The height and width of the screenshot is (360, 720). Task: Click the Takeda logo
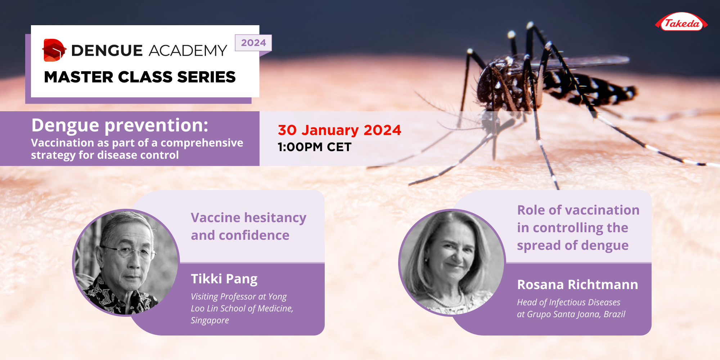click(x=681, y=23)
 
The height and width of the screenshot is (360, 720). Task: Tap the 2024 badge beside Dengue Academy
click(x=253, y=43)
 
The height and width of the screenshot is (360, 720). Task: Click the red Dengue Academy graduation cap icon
click(x=54, y=50)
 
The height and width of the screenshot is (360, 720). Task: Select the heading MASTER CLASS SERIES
click(x=140, y=77)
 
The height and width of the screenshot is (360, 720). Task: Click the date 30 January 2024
click(x=339, y=130)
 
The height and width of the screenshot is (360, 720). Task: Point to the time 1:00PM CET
click(x=314, y=147)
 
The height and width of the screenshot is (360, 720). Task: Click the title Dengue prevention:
click(x=120, y=125)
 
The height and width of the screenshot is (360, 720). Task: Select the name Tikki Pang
click(x=224, y=279)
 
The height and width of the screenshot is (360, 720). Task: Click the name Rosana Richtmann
click(x=577, y=284)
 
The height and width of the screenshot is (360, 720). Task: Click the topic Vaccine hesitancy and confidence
click(x=248, y=226)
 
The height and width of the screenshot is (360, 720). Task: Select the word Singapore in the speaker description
click(x=210, y=320)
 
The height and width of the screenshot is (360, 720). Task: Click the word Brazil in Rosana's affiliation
click(x=615, y=314)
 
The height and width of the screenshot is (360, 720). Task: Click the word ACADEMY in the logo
click(x=188, y=51)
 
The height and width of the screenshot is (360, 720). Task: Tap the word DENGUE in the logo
click(x=107, y=51)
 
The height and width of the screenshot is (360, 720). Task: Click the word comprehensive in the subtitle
click(x=202, y=143)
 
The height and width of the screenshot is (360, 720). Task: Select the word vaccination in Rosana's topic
click(x=598, y=210)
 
